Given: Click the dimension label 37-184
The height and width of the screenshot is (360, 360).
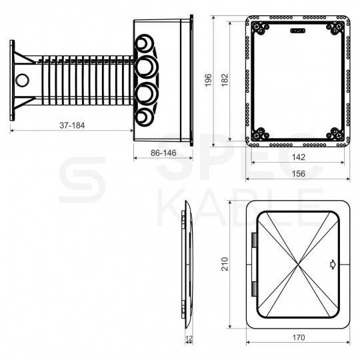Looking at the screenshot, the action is coord(72,125).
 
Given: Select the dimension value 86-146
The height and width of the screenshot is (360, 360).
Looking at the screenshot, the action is coord(163,153).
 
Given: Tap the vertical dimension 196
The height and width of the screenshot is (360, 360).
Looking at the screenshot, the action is coord(208,80).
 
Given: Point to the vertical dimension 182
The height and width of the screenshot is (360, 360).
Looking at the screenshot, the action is coord(225,80).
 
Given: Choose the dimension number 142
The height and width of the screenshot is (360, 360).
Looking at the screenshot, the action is coord(299,157).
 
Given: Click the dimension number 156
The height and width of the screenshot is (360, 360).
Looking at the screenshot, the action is coord(299,173).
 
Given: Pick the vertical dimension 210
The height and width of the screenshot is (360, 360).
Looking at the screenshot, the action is coord(225,264).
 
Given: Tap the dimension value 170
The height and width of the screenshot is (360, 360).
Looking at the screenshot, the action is coord(299,337).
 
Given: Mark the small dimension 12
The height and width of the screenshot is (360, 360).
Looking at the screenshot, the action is coord(189,338).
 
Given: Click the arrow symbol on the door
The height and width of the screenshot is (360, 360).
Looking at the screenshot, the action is coord(333,265).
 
